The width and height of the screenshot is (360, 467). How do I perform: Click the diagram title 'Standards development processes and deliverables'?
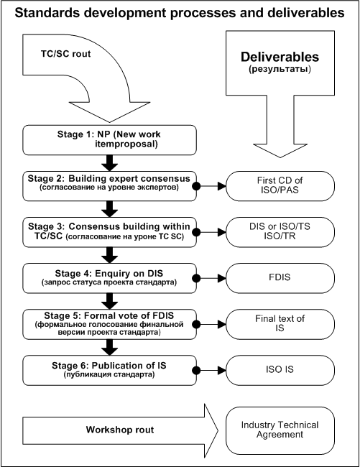point(180,12)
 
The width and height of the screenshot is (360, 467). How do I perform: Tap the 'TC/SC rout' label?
point(65,54)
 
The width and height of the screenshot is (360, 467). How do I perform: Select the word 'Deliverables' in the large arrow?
point(280,57)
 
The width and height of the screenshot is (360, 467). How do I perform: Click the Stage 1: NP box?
point(109,140)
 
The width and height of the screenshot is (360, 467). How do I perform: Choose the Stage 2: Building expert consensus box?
point(109,186)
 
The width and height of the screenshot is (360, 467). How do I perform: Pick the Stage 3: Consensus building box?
point(109,232)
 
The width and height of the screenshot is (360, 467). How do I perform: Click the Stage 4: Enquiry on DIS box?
point(109,278)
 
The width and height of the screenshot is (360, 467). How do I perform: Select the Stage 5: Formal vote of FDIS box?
point(109,324)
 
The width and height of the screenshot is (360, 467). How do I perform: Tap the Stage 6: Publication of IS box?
point(109,370)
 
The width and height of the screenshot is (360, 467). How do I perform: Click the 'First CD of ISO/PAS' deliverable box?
point(280,186)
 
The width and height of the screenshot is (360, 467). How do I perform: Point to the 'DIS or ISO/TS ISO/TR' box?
point(280,232)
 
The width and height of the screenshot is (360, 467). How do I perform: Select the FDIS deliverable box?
point(280,278)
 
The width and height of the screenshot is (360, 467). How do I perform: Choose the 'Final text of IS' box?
point(280,324)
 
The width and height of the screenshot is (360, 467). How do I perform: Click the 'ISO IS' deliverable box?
point(280,370)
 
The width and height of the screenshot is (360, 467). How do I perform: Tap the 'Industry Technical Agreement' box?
point(280,430)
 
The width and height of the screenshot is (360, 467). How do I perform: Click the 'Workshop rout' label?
point(120,430)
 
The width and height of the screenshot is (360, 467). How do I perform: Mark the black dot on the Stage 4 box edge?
point(196,278)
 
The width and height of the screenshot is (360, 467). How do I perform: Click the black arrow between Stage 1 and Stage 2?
point(109,163)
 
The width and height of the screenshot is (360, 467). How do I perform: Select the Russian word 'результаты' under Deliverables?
point(280,69)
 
